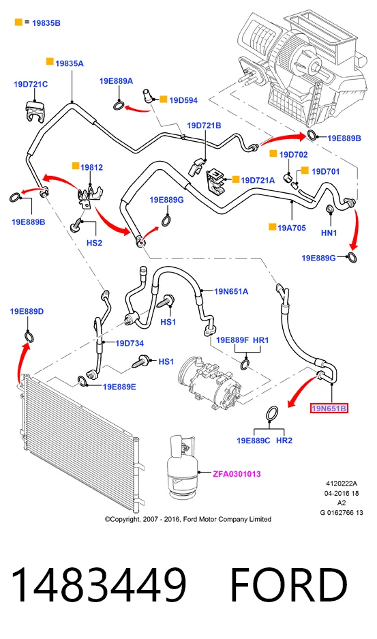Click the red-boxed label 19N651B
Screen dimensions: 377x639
(x=329, y=408)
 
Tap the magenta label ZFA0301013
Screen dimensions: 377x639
(x=237, y=474)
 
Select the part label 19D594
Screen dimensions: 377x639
(x=183, y=100)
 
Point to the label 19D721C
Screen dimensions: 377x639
(x=31, y=85)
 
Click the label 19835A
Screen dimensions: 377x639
(x=70, y=63)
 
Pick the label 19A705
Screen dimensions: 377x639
(x=291, y=228)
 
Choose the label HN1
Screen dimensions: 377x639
(x=329, y=233)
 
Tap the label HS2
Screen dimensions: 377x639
(x=94, y=243)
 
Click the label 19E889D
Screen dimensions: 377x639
(x=27, y=312)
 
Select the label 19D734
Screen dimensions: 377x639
(x=130, y=344)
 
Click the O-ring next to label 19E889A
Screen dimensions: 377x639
(x=119, y=106)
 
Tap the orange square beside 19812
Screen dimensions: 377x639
(x=76, y=166)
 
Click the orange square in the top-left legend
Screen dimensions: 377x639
(x=18, y=22)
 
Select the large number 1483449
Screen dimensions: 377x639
(x=98, y=584)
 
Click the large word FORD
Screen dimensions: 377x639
(x=289, y=584)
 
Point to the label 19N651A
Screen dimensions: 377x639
(x=231, y=291)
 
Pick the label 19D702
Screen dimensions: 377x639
(x=293, y=154)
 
